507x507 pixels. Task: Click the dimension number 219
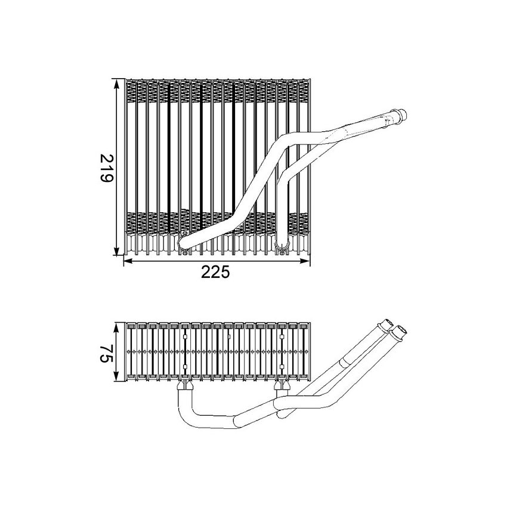coord(107,168)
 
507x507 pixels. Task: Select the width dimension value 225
coord(215,272)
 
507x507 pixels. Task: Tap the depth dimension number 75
coord(107,353)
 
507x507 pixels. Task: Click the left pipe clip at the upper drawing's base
coord(186,242)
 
